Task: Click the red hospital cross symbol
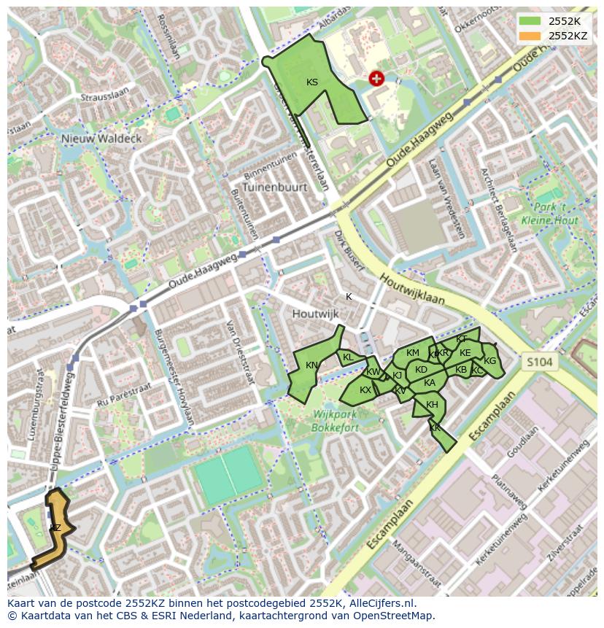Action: point(376,78)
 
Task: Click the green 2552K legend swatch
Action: point(530,20)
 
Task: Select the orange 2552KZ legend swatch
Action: point(530,36)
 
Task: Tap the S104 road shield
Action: point(540,361)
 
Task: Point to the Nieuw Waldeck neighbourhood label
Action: point(101,138)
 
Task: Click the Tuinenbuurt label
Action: point(275,187)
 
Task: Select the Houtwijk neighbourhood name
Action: point(316,314)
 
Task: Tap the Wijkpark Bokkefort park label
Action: point(336,420)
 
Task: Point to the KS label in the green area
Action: point(312,82)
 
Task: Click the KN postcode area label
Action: point(311,365)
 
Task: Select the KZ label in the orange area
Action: point(55,527)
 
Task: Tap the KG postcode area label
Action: point(489,361)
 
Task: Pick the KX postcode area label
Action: point(365,390)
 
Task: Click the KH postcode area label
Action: point(432,405)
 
